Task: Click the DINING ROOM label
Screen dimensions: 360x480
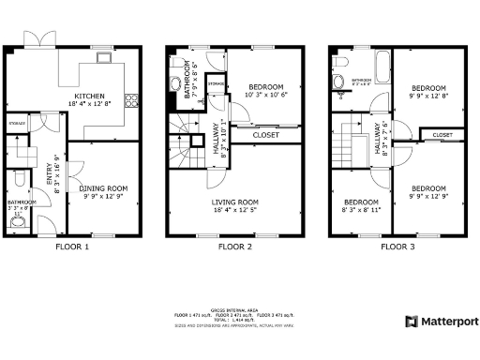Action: click(x=103, y=188)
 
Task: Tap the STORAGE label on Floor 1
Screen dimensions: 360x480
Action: click(x=16, y=123)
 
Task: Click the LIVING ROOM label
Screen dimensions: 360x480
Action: click(x=235, y=202)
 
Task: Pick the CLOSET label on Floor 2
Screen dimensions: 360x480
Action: click(x=266, y=135)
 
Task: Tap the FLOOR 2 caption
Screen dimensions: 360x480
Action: click(x=235, y=247)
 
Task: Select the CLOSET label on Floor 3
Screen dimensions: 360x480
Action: click(x=442, y=135)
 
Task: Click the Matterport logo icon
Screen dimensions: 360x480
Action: click(x=411, y=322)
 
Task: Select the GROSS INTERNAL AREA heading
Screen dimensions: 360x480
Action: click(x=234, y=307)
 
